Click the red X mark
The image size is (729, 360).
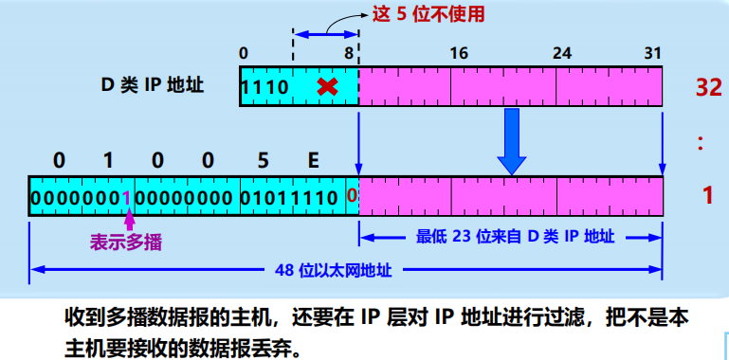(327, 87)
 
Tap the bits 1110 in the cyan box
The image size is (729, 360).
(264, 87)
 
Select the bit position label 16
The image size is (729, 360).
(459, 53)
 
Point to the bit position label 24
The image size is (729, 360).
(562, 53)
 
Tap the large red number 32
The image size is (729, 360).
(708, 87)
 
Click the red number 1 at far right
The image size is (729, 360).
(707, 196)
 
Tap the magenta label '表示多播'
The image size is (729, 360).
(126, 243)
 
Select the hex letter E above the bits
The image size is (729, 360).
(312, 160)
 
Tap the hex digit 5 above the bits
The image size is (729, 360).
(263, 160)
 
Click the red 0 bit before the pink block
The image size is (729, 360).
(352, 197)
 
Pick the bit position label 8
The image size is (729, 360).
(350, 53)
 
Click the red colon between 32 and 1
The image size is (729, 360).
(702, 142)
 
